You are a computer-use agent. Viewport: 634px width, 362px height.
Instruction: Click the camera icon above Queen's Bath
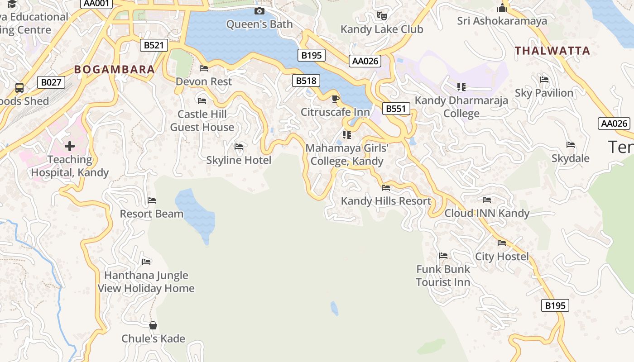point(259,11)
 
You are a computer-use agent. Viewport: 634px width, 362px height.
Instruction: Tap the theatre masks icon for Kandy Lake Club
point(382,16)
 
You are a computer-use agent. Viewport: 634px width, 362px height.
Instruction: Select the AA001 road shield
point(96,3)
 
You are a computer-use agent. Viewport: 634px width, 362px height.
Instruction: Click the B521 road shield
point(154,45)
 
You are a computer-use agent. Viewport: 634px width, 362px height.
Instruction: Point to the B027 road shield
point(51,82)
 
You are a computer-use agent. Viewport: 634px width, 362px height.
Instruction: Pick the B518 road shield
point(306,81)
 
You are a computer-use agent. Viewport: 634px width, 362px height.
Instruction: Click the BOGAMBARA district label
point(115,70)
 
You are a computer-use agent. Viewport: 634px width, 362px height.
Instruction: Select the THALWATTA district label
point(552,51)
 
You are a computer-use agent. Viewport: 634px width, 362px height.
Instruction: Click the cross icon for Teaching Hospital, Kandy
point(70,146)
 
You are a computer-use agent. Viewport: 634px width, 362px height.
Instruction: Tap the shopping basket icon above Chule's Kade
point(153,325)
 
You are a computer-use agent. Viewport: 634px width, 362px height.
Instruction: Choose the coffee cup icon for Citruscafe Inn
point(335,99)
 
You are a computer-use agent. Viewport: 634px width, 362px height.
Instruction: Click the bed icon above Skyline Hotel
point(239,147)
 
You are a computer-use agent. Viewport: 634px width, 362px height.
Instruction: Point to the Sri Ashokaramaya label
point(502,21)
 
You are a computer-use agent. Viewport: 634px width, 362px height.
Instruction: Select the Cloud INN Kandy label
point(487,213)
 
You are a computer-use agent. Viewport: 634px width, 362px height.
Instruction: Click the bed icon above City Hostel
point(502,243)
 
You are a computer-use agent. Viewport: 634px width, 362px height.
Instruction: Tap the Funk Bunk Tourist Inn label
point(443,276)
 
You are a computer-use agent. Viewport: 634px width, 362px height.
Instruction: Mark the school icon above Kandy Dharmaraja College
point(461,86)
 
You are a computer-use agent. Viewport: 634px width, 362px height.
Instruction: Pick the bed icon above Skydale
point(571,145)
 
